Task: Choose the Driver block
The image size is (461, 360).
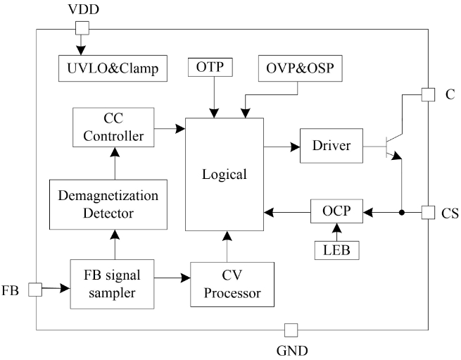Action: pyautogui.click(x=330, y=147)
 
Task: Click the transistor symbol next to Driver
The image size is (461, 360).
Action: pyautogui.click(x=392, y=147)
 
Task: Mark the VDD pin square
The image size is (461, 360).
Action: pyautogui.click(x=82, y=28)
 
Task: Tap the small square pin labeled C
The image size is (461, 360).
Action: pyautogui.click(x=427, y=94)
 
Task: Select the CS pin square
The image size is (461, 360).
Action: pyautogui.click(x=427, y=211)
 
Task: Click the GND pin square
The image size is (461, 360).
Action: pyautogui.click(x=289, y=329)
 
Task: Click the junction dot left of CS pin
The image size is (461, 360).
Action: pyautogui.click(x=401, y=211)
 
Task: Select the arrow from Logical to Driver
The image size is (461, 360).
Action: pyautogui.click(x=282, y=147)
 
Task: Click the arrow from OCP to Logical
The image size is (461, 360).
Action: pyautogui.click(x=287, y=211)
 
